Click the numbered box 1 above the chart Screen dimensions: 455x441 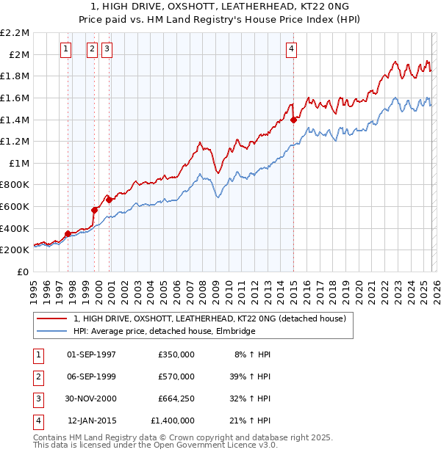tap(66, 49)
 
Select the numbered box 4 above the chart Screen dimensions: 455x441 tap(292, 49)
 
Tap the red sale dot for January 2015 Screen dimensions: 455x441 tap(293, 120)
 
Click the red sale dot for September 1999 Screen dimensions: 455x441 tap(94, 210)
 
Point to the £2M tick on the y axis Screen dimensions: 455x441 tap(20, 54)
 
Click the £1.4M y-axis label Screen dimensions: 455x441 tap(16, 120)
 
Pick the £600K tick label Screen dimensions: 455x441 tap(16, 207)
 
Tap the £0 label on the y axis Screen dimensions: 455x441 tap(22, 272)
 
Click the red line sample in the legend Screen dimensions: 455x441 tap(52, 318)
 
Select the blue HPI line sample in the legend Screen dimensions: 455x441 tap(52, 331)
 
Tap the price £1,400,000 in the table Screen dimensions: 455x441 tap(172, 421)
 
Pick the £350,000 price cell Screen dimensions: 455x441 tap(176, 354)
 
